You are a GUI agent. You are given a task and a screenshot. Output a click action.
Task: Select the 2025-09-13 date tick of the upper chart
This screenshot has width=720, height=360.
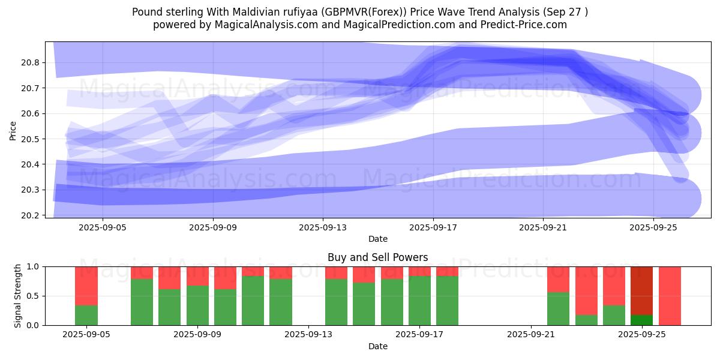323,227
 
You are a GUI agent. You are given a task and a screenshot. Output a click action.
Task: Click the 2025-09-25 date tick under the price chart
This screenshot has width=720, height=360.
653,227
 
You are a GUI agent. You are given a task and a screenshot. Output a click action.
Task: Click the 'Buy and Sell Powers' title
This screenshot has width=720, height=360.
377,257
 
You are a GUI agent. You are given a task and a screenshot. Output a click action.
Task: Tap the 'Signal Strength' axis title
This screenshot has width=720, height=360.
18,296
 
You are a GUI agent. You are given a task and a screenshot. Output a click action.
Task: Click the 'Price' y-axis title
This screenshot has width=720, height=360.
13,130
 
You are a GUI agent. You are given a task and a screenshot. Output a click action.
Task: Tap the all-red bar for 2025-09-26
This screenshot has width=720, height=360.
670,296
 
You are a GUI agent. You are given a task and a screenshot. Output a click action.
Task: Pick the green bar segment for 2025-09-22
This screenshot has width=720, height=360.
558,308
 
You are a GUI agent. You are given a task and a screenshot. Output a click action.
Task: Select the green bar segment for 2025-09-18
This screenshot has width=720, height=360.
447,300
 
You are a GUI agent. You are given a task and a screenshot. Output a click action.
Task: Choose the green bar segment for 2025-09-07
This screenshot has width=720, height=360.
142,302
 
